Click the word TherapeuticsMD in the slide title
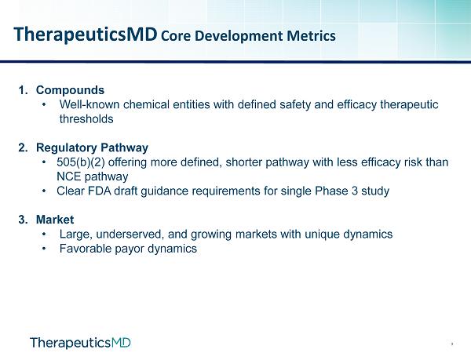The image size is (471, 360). (x=86, y=35)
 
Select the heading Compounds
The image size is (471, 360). (x=71, y=90)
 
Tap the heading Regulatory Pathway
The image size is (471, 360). (x=92, y=147)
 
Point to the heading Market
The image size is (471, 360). (x=55, y=220)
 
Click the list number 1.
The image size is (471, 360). (x=23, y=90)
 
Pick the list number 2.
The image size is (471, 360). (x=23, y=147)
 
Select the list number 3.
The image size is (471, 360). (x=23, y=220)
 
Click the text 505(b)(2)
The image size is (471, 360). (x=81, y=162)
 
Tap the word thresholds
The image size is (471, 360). (x=86, y=118)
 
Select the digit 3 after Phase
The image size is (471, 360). (x=355, y=191)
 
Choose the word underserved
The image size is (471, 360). (x=130, y=234)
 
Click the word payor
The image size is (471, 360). (x=130, y=249)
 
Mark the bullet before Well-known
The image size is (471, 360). (x=45, y=104)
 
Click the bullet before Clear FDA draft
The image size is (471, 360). (x=45, y=191)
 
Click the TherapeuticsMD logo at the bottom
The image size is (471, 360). (x=81, y=343)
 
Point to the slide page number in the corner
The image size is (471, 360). (x=452, y=344)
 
